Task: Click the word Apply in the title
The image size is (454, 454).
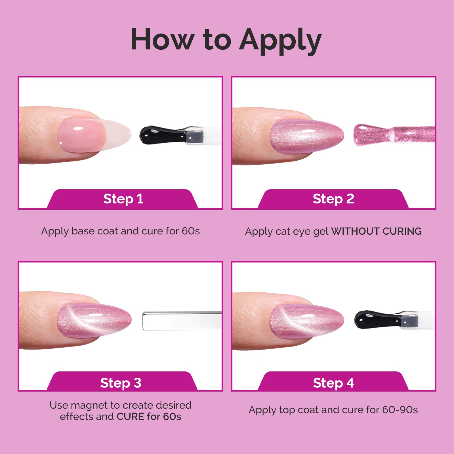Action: (x=280, y=40)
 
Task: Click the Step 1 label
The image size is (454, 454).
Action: (x=123, y=199)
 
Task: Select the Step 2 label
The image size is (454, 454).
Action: (x=333, y=199)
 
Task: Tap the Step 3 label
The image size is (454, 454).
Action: (x=121, y=383)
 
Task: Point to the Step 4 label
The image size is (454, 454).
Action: (x=333, y=383)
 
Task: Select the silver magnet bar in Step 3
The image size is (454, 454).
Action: (x=182, y=321)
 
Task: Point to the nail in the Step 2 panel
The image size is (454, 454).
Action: (x=306, y=136)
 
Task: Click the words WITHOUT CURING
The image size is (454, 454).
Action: (x=376, y=231)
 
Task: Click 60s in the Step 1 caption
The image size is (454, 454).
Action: (x=191, y=231)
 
